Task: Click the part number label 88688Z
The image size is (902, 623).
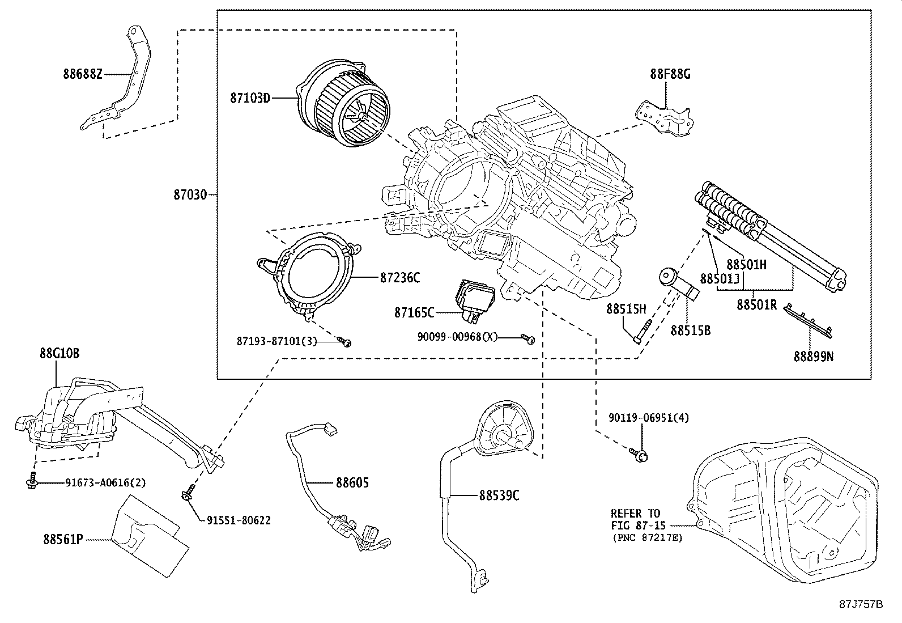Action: coord(82,74)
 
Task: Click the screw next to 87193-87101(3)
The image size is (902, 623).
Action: coord(346,341)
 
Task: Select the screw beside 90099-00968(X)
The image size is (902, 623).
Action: coord(529,338)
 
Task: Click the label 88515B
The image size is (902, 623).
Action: coord(690,330)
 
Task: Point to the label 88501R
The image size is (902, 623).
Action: coord(756,304)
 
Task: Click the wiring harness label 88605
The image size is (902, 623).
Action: coord(352,482)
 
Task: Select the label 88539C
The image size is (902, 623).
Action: coord(499,495)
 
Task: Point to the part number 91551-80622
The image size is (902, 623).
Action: coord(239,520)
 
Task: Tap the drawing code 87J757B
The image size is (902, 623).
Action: coord(861,604)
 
